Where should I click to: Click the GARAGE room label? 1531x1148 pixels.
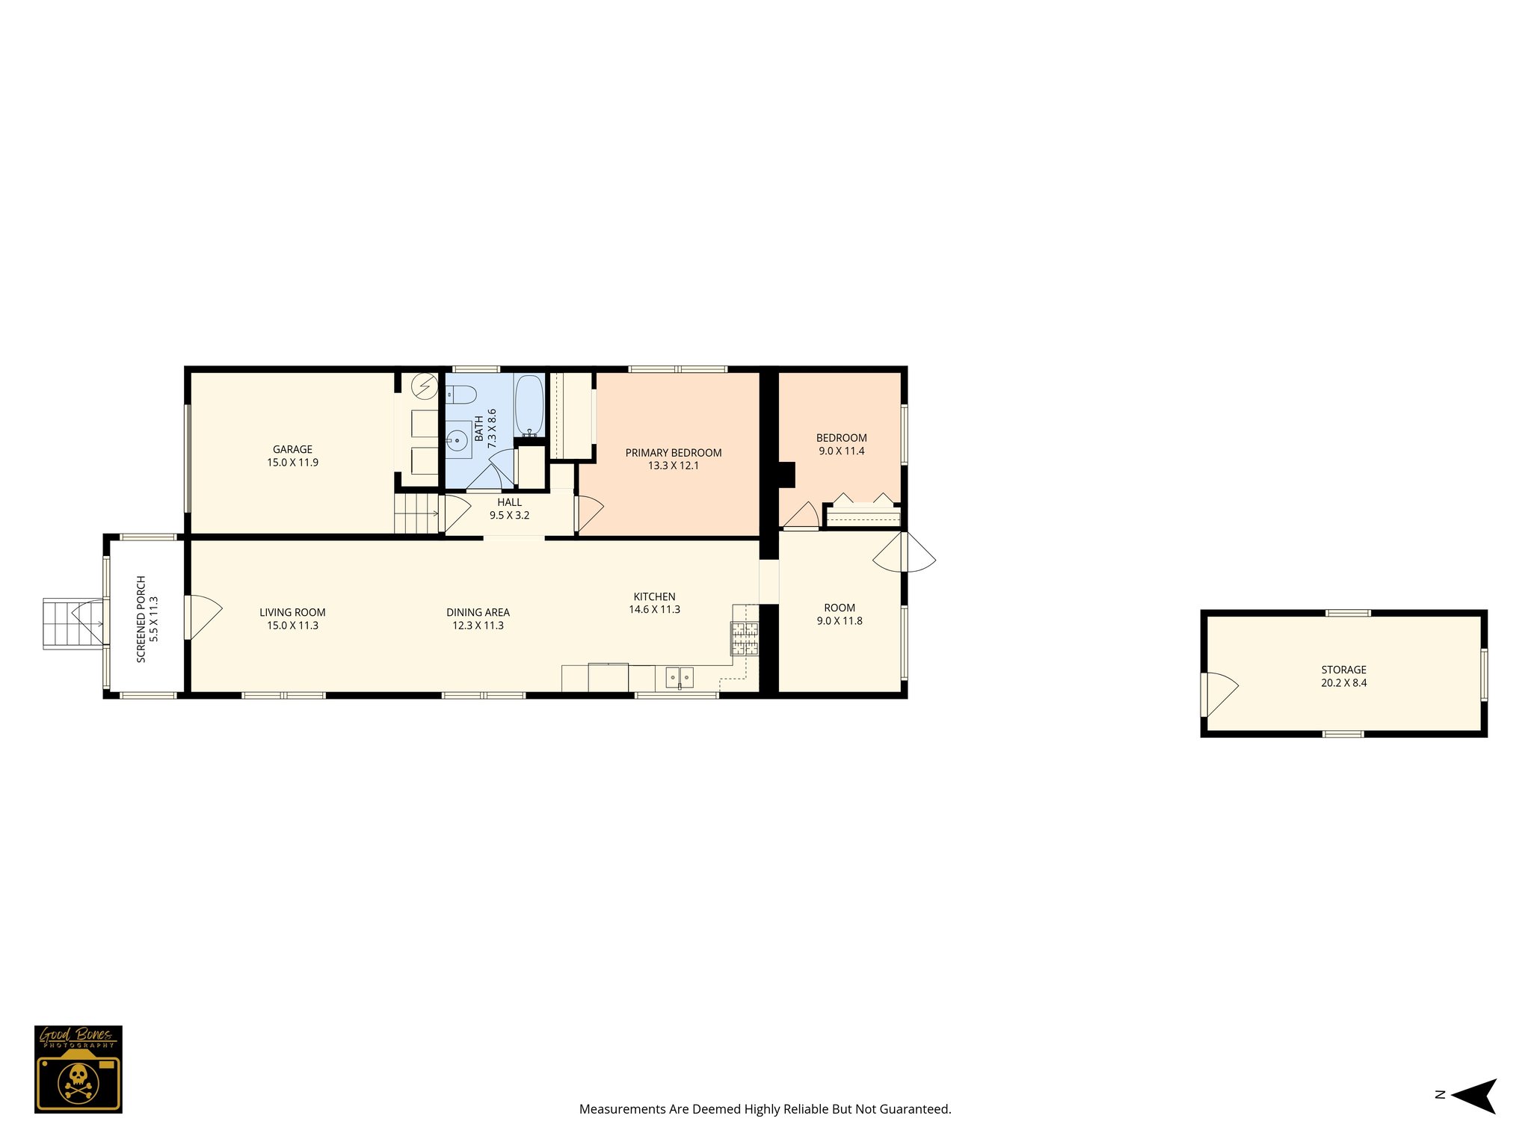(292, 450)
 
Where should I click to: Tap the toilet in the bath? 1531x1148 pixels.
(461, 394)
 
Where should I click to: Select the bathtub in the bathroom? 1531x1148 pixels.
(529, 405)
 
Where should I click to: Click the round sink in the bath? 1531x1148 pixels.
(458, 440)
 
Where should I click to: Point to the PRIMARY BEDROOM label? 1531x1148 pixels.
(673, 453)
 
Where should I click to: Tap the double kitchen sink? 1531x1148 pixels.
(680, 678)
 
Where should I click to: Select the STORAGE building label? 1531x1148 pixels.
(1343, 670)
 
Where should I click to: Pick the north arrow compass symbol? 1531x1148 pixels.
(1473, 1096)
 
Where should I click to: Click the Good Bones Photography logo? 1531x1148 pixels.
(78, 1068)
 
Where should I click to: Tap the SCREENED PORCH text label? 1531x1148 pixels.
(141, 619)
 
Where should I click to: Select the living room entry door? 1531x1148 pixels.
(200, 617)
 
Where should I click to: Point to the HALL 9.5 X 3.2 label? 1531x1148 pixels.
(509, 509)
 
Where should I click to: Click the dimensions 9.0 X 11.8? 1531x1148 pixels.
(840, 621)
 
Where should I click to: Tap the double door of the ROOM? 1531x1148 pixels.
(905, 552)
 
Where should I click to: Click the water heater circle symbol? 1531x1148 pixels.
(426, 386)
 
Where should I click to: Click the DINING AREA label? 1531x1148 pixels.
(478, 613)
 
